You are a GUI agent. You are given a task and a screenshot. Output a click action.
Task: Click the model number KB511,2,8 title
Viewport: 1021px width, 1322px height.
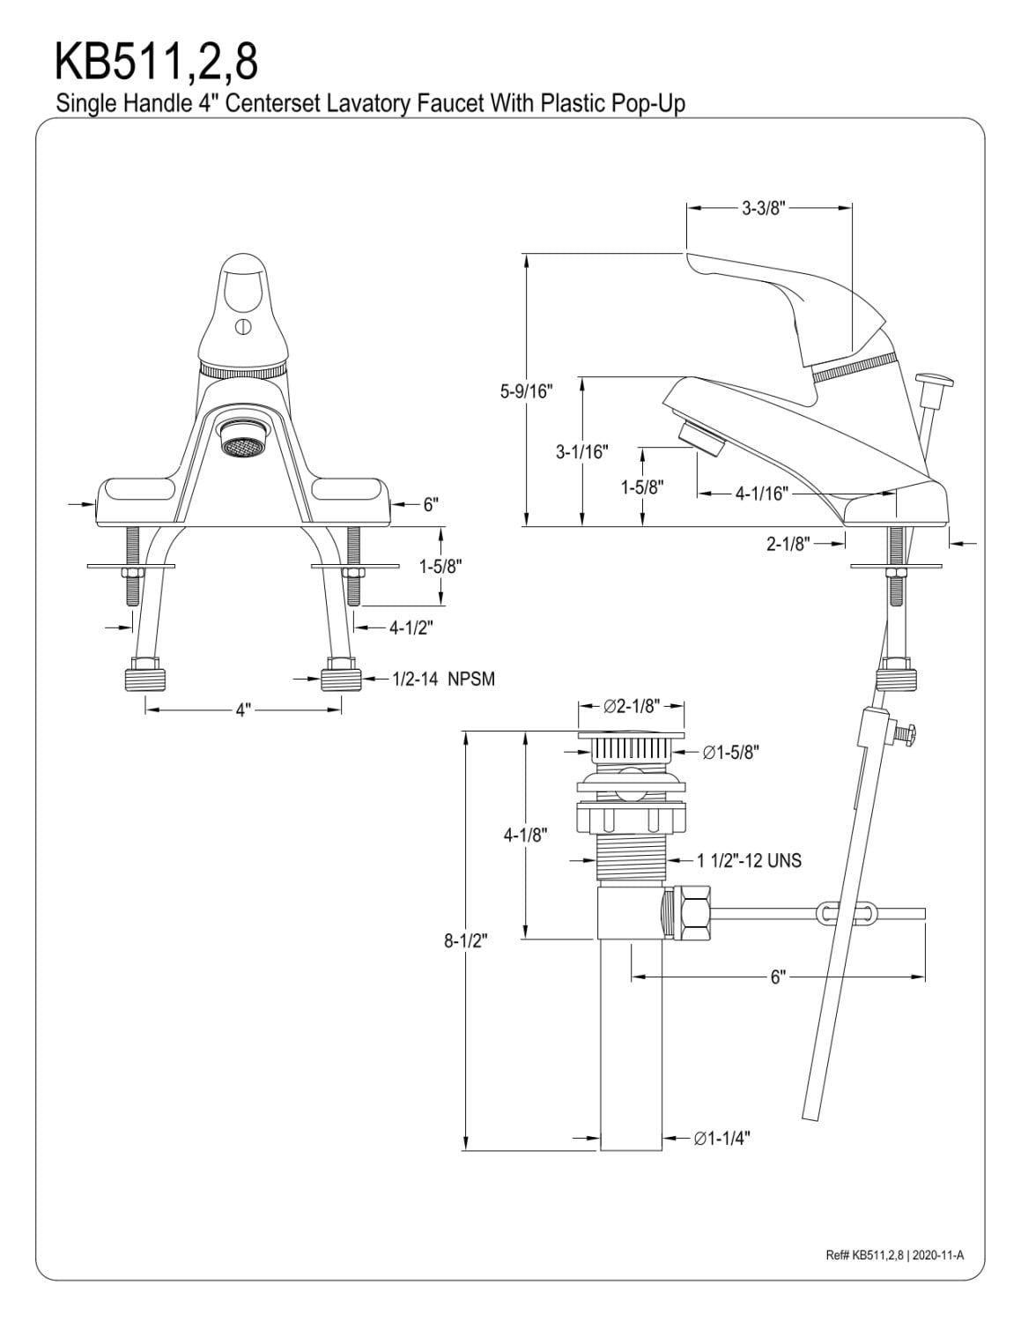point(156,62)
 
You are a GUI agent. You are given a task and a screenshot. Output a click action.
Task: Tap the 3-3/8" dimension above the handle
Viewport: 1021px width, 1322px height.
point(764,209)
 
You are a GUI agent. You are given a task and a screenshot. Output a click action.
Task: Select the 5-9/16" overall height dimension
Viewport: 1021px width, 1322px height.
point(527,391)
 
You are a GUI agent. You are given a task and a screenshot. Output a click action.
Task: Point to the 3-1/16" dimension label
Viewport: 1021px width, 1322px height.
point(582,451)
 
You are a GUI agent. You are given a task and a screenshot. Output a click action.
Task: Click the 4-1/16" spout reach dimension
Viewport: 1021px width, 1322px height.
point(762,494)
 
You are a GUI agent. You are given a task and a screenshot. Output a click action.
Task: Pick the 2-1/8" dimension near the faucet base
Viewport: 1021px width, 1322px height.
point(788,544)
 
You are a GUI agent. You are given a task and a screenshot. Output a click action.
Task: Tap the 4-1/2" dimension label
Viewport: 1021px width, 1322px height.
point(411,627)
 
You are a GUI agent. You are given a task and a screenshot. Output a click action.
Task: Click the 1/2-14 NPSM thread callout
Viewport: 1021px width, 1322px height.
point(443,679)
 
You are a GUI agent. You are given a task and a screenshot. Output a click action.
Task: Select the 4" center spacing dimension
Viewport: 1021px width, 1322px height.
point(243,710)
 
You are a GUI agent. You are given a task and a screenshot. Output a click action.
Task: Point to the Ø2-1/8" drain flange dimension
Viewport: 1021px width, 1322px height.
point(632,706)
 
